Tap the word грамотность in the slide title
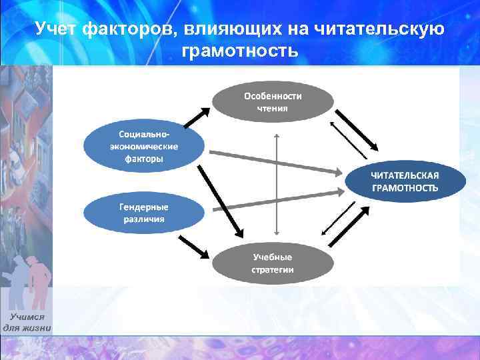click(239, 51)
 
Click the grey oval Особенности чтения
click(272, 102)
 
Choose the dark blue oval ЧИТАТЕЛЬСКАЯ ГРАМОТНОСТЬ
click(405, 181)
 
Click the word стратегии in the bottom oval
click(272, 270)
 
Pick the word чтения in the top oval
click(272, 108)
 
